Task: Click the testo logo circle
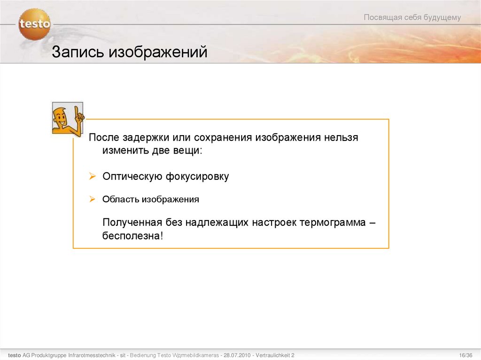pos(34,24)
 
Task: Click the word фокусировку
pos(197,176)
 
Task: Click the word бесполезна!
pos(133,236)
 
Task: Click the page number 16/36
pos(465,355)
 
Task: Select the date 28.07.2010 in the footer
pos(237,355)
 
